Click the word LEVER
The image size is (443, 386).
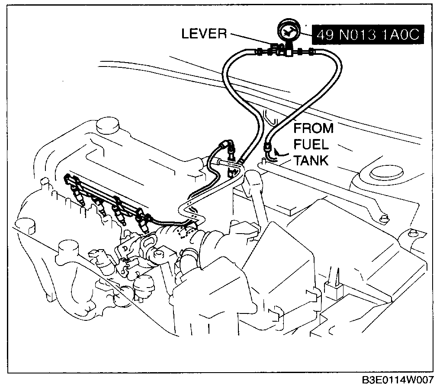(x=204, y=34)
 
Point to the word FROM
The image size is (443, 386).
(x=314, y=128)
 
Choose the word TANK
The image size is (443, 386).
(x=311, y=161)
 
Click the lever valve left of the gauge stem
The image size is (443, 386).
(x=274, y=48)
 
